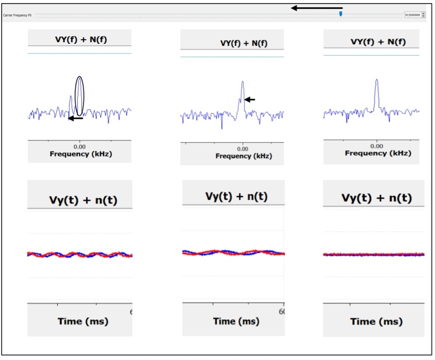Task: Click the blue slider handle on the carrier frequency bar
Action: [340, 14]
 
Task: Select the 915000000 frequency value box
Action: [413, 15]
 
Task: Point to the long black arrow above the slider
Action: [317, 8]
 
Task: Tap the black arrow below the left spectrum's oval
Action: [75, 118]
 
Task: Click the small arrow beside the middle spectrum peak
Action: [249, 99]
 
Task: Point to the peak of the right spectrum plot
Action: [377, 81]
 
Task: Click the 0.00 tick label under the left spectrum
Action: [80, 147]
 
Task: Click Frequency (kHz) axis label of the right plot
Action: [378, 153]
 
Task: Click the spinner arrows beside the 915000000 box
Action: [423, 15]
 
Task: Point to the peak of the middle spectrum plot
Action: [242, 82]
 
